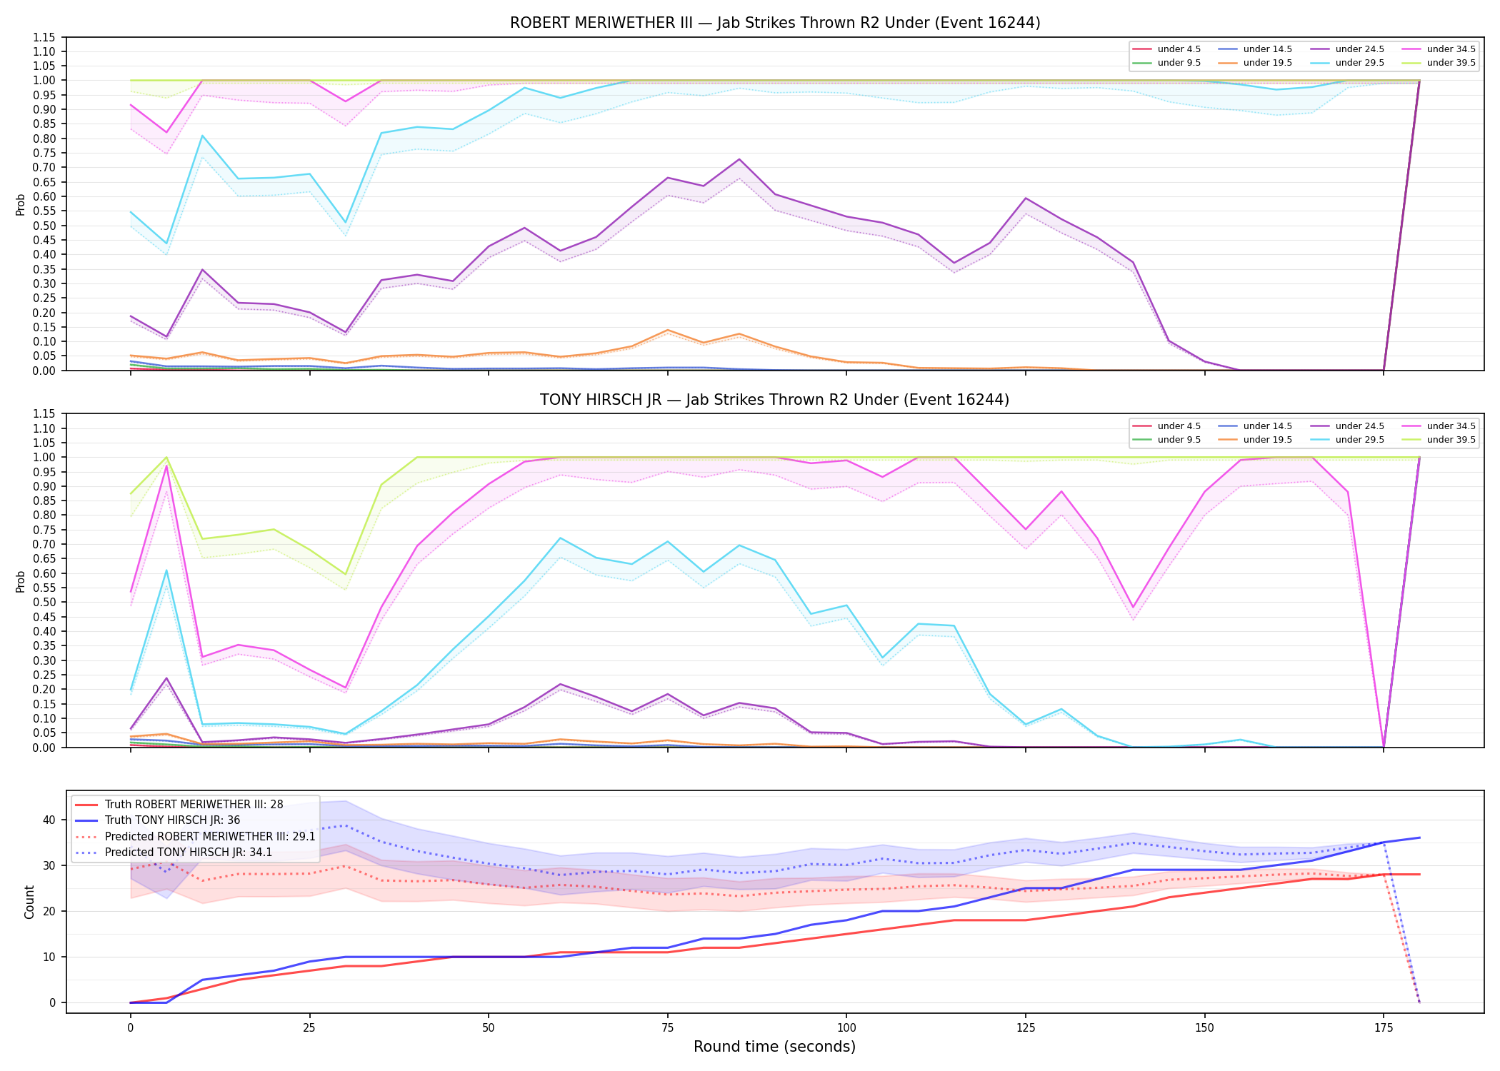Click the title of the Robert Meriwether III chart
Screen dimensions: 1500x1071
pos(775,23)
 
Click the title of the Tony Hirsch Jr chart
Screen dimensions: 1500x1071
pos(775,400)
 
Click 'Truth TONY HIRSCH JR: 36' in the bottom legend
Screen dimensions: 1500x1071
pos(172,820)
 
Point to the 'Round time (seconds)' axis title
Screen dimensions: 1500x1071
pos(775,1047)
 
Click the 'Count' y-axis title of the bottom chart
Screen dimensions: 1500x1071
pos(29,902)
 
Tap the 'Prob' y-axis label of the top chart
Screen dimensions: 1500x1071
pos(21,204)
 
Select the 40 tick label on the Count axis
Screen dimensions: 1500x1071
pos(49,820)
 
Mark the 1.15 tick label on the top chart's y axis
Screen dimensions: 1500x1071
pos(44,37)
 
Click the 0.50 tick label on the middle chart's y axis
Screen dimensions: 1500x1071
pos(44,602)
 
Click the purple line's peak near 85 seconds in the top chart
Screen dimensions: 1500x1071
pos(739,159)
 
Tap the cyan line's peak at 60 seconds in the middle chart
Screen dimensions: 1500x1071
pos(561,538)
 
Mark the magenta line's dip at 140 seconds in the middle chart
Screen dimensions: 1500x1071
pos(1134,608)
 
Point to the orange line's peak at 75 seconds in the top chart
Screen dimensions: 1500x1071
pos(668,330)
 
